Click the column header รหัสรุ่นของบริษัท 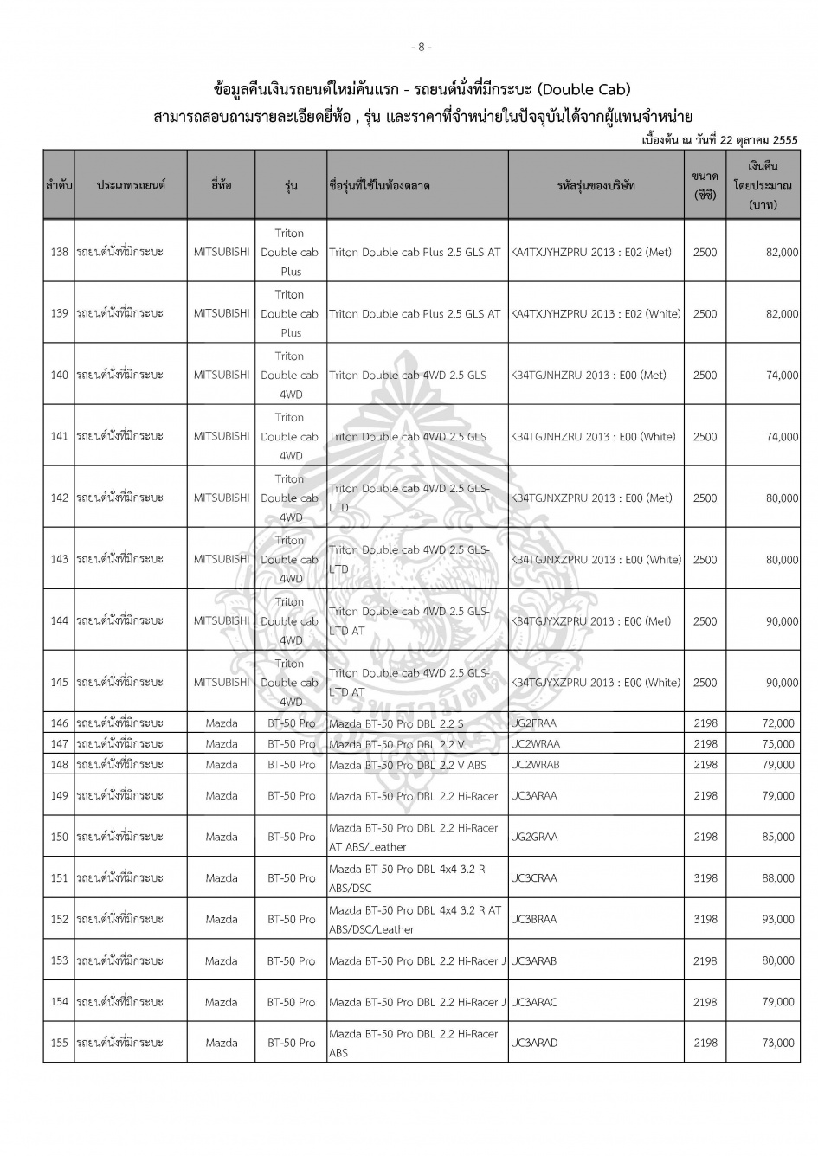[x=596, y=185]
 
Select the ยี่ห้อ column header [x=221, y=185]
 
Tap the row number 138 [x=59, y=253]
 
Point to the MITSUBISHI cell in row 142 [x=222, y=498]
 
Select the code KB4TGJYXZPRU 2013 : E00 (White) [x=596, y=683]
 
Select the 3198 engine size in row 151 [x=705, y=878]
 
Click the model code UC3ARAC [x=534, y=1002]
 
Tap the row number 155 [x=59, y=1044]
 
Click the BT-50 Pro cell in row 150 [x=291, y=837]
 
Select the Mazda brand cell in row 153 [x=222, y=960]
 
